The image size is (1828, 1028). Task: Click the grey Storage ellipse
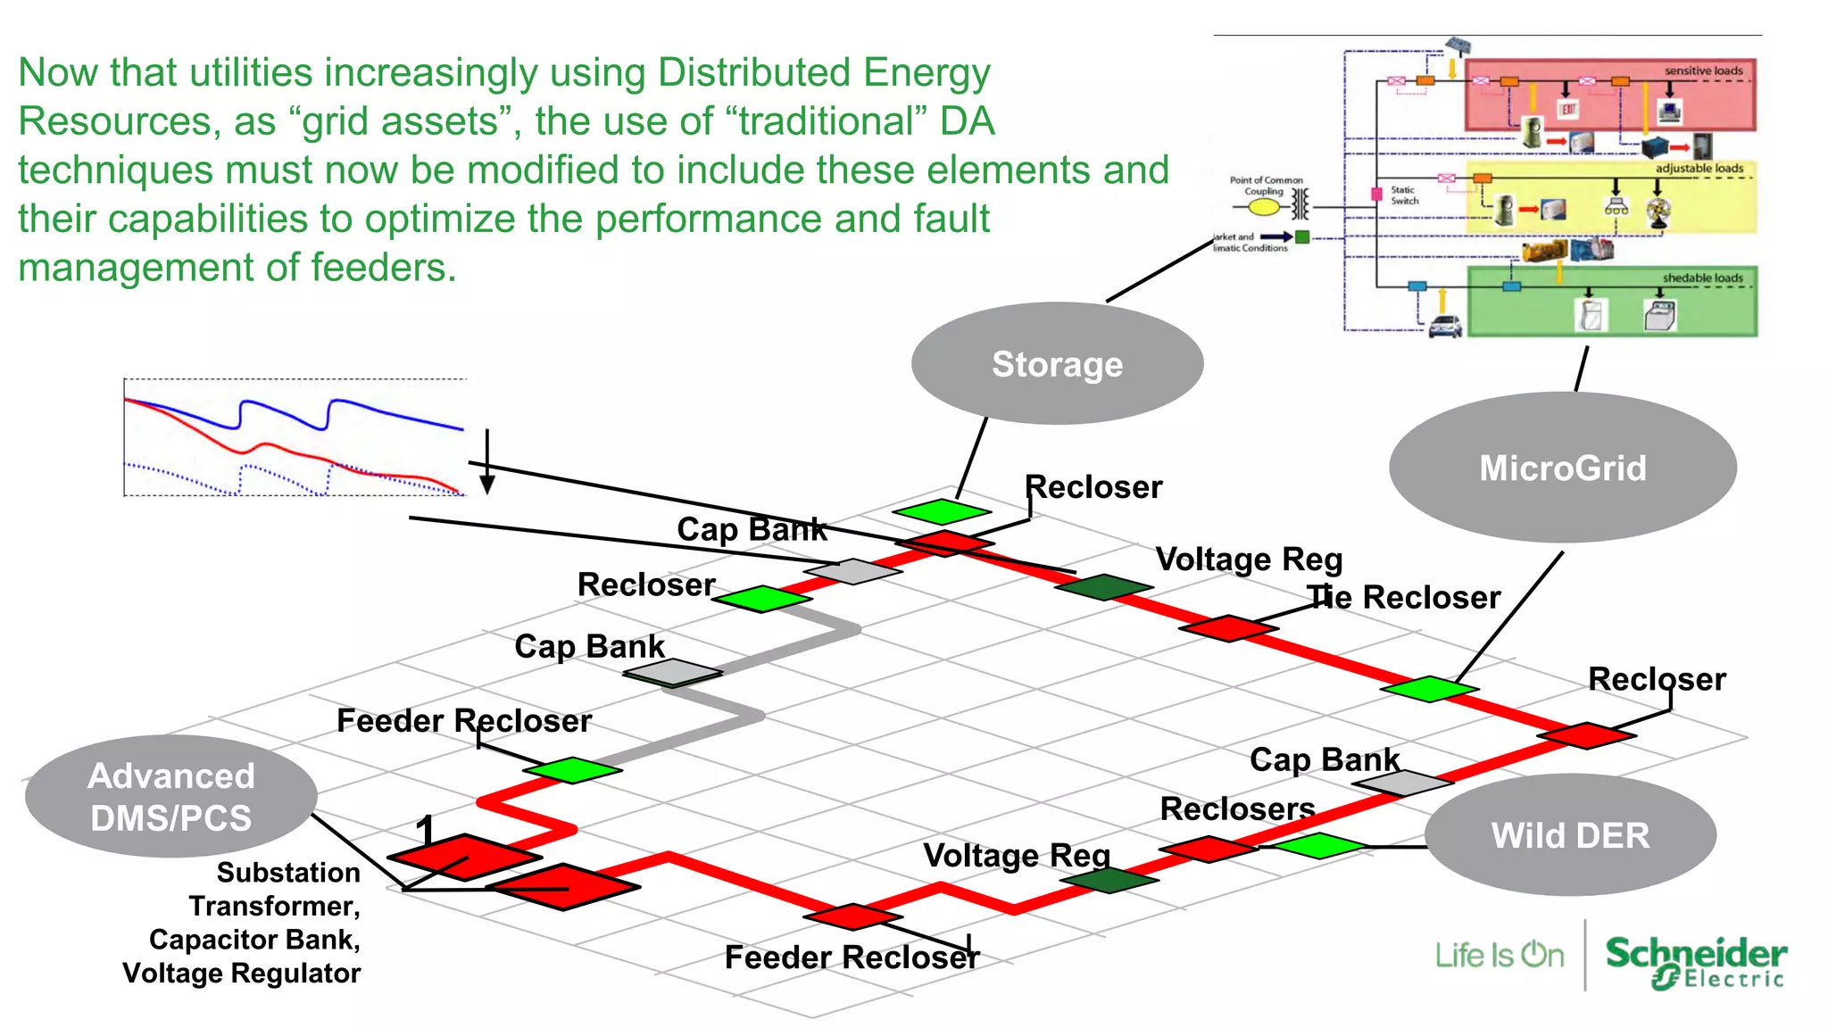pyautogui.click(x=1057, y=364)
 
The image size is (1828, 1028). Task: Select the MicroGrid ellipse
pyautogui.click(x=1562, y=468)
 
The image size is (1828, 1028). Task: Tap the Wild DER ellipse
pyautogui.click(x=1570, y=835)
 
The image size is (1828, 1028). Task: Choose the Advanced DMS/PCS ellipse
pyautogui.click(x=170, y=797)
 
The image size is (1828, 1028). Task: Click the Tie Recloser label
pyautogui.click(x=1404, y=597)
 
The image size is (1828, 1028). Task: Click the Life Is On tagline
pyautogui.click(x=1499, y=956)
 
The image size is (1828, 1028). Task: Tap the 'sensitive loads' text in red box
pyautogui.click(x=1703, y=70)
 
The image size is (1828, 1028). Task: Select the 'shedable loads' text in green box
pyautogui.click(x=1702, y=278)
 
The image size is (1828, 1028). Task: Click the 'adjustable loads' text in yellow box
pyautogui.click(x=1699, y=168)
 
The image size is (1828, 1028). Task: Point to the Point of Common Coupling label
pyautogui.click(x=1266, y=185)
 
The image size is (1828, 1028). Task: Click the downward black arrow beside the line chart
pyautogui.click(x=487, y=464)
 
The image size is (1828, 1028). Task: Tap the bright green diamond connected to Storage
pyautogui.click(x=942, y=511)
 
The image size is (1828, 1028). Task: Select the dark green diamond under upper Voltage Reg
pyautogui.click(x=1103, y=586)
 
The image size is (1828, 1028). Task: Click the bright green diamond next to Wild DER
pyautogui.click(x=1318, y=845)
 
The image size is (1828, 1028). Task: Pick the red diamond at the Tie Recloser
pyautogui.click(x=1228, y=628)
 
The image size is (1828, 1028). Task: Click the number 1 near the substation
pyautogui.click(x=425, y=830)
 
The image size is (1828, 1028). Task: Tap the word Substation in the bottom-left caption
pyautogui.click(x=287, y=872)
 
